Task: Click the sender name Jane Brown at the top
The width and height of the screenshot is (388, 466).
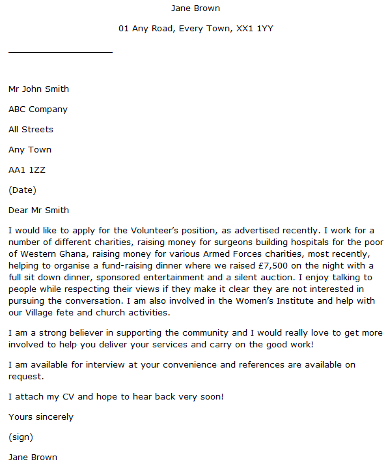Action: point(195,8)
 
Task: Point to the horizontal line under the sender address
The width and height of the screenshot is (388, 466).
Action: point(60,51)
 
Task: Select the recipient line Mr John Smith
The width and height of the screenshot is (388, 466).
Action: point(38,89)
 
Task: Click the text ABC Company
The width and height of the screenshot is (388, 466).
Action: point(38,109)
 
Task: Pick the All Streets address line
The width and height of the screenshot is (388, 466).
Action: point(31,130)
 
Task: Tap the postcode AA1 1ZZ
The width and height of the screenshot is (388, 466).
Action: point(27,170)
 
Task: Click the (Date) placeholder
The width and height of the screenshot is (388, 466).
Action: point(22,190)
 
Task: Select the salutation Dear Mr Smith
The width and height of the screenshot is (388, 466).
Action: point(38,211)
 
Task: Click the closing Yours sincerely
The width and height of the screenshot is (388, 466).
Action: point(41,417)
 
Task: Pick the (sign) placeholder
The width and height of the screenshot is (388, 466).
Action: point(21,437)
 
